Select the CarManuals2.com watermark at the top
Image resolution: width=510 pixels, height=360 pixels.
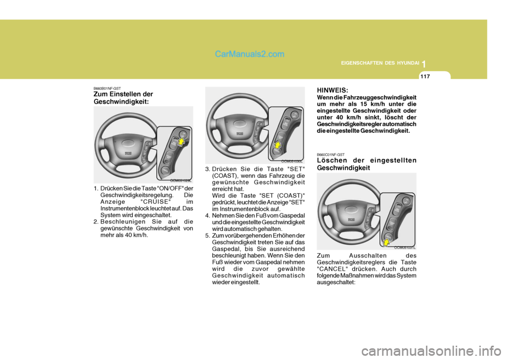pyautogui.click(x=250, y=54)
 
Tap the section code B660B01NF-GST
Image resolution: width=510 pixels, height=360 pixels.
pyautogui.click(x=107, y=88)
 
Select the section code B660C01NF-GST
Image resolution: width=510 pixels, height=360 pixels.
pyautogui.click(x=330, y=155)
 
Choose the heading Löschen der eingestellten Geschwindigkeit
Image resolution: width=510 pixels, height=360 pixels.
pyautogui.click(x=366, y=164)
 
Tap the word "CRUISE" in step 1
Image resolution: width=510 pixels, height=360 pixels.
pyautogui.click(x=152, y=202)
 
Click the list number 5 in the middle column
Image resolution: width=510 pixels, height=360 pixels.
pyautogui.click(x=208, y=235)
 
